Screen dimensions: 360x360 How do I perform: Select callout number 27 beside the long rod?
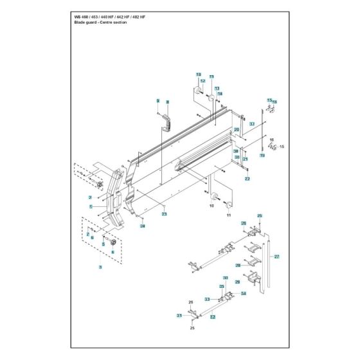277,257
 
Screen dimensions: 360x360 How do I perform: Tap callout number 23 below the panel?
165,213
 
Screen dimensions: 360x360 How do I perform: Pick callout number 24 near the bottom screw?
143,226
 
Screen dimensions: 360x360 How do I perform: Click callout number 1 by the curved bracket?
91,207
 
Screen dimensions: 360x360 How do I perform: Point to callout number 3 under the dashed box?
100,266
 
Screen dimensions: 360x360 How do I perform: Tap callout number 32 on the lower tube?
212,317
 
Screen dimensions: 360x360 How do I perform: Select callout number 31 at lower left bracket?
179,315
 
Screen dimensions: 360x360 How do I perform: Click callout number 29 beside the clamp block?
237,282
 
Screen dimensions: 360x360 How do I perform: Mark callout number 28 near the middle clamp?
237,265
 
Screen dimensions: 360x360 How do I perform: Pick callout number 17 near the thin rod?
253,123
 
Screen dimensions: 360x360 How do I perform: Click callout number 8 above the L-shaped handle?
167,102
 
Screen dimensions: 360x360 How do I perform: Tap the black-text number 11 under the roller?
227,217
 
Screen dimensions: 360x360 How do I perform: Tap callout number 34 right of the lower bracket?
244,294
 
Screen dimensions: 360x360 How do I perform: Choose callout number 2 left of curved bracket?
91,197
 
